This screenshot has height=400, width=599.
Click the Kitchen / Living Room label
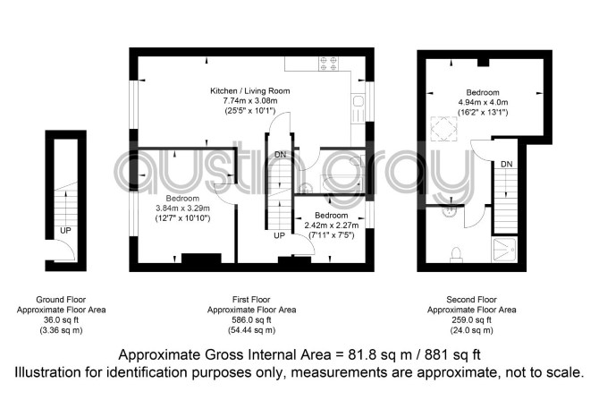point(249,91)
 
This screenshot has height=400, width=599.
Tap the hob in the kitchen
point(328,64)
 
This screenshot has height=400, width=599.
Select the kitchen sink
point(359,108)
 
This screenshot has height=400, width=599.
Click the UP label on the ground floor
point(65,231)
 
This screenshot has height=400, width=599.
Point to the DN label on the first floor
point(280,155)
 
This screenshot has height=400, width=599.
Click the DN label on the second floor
point(507,164)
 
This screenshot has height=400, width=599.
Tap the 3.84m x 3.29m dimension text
point(182,209)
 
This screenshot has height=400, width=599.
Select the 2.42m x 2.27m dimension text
point(331,226)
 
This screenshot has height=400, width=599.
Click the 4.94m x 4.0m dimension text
point(483,102)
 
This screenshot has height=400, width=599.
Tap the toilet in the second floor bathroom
point(456,255)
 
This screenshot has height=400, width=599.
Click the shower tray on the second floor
point(504,250)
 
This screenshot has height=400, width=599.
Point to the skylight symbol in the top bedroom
point(443,129)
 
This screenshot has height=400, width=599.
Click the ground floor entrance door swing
point(65,251)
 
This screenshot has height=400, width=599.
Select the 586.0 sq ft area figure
point(251,319)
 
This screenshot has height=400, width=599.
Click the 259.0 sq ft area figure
point(471,319)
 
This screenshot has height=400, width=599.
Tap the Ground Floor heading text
point(61,300)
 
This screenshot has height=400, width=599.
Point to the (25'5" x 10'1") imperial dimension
point(249,111)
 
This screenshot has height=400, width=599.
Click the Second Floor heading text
point(471,300)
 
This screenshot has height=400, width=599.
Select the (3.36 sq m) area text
point(61,330)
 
